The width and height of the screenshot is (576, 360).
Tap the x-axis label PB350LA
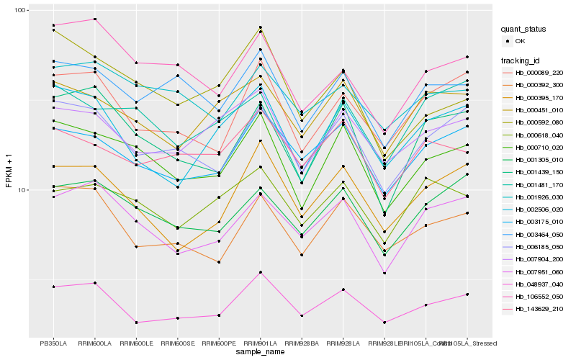pos(53,343)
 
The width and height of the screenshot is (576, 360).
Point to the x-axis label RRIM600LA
pos(95,343)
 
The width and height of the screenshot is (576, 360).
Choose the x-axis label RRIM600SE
pos(177,343)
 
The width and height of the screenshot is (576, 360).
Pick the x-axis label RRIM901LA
pos(260,343)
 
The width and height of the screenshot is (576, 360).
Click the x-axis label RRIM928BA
pos(302,343)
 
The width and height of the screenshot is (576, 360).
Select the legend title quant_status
pos(525,30)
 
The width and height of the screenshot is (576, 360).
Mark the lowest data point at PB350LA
pos(53,287)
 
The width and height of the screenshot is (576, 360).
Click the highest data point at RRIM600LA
pos(95,19)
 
